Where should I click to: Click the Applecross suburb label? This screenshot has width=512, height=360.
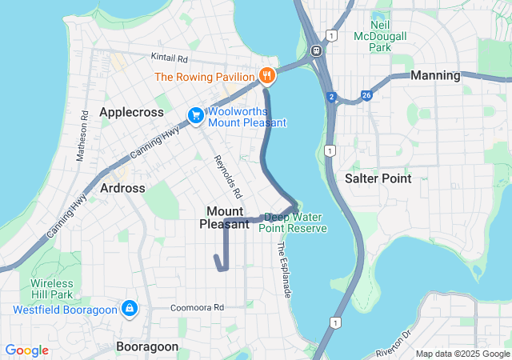131,113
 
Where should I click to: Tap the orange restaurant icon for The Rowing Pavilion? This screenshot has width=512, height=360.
267,77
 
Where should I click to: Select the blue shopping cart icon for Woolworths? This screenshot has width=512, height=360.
195,117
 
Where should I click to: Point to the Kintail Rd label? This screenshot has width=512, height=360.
170,58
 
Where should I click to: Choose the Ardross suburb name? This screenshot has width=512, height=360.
123,188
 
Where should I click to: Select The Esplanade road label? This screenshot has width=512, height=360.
284,270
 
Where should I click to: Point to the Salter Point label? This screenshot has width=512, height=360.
378,178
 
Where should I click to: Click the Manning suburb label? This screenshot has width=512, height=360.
434,75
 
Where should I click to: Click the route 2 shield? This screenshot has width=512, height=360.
331,98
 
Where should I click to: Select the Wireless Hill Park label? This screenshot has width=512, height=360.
52,290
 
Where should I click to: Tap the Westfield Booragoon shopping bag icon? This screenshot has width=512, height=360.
129,309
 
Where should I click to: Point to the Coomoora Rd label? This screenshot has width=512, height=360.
197,307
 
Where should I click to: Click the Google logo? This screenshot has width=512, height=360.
27,350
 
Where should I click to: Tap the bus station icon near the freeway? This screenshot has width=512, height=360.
317,50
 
